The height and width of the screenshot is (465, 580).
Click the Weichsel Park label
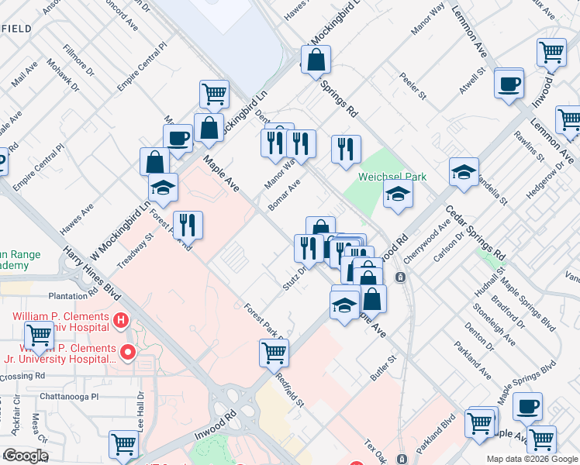pos(392,177)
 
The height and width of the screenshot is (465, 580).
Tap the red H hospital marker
pos(120,319)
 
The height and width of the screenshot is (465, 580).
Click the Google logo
pos(26,455)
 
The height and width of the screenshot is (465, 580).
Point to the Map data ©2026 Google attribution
pos(532,458)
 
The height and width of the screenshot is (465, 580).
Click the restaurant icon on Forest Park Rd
pos(188,226)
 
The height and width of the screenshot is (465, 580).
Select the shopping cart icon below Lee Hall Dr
pos(123,445)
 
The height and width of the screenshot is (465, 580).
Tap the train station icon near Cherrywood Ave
pos(399,277)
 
